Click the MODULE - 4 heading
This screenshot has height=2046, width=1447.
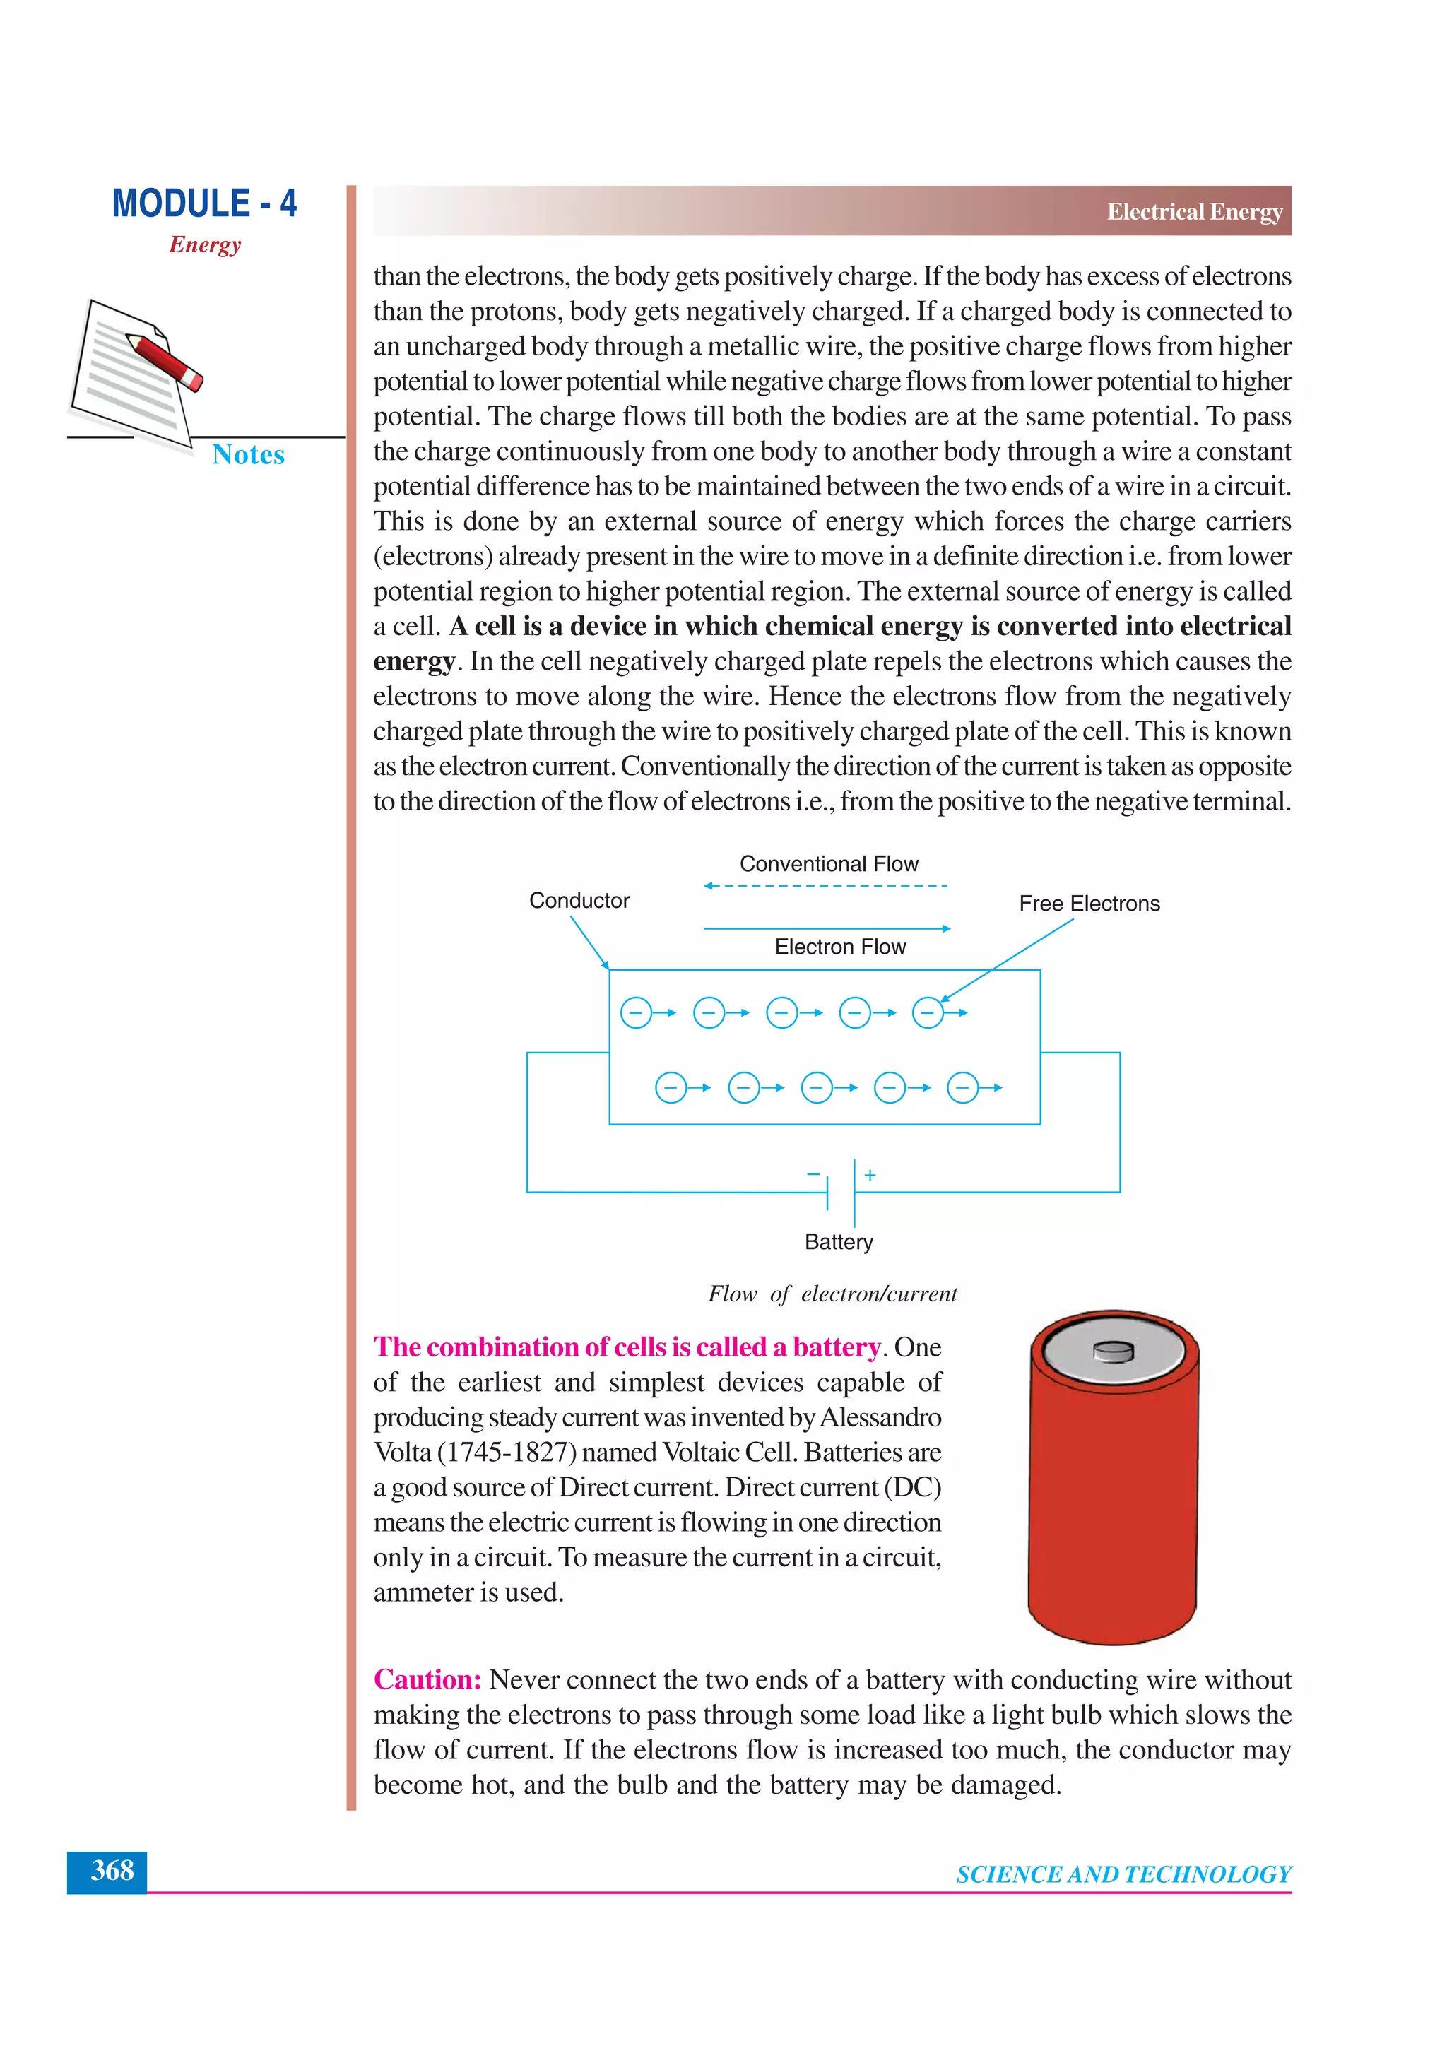204,203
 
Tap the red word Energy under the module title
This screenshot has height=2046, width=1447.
205,244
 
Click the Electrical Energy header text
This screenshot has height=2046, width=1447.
1194,212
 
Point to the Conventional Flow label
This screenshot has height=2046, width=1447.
828,863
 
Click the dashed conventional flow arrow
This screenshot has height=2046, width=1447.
825,886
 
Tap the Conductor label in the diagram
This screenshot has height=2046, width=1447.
579,900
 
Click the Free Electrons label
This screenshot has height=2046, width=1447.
1089,904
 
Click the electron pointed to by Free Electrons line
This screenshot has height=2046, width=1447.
928,1013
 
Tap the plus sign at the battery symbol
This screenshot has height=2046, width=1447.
870,1176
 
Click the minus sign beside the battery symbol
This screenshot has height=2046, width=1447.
813,1174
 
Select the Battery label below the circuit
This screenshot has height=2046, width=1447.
839,1241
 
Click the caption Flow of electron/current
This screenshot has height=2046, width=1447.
832,1294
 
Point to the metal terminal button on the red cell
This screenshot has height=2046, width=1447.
1113,1351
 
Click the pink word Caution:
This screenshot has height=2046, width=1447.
427,1680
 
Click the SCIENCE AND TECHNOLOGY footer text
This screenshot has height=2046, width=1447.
1123,1874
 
